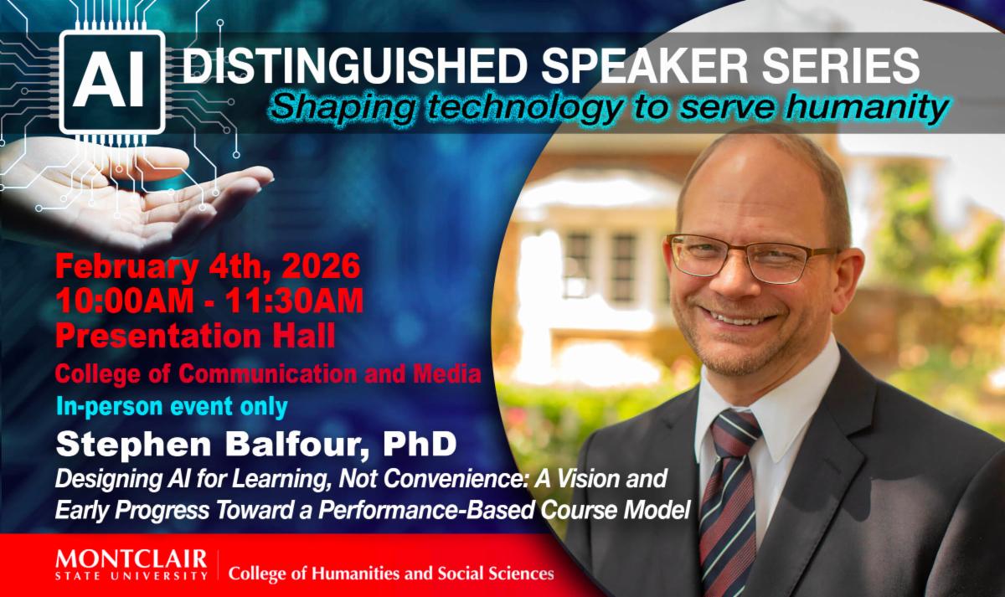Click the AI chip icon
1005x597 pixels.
[x=112, y=82]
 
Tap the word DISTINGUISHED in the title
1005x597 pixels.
[x=355, y=65]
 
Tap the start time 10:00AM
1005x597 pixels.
[x=125, y=300]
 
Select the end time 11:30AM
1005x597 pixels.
[x=294, y=300]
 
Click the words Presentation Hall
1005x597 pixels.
[x=196, y=336]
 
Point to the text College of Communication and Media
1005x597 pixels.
[x=268, y=374]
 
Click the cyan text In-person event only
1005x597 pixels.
[x=172, y=407]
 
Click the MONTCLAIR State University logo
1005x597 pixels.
[x=131, y=564]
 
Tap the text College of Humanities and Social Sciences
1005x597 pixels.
[x=391, y=574]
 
